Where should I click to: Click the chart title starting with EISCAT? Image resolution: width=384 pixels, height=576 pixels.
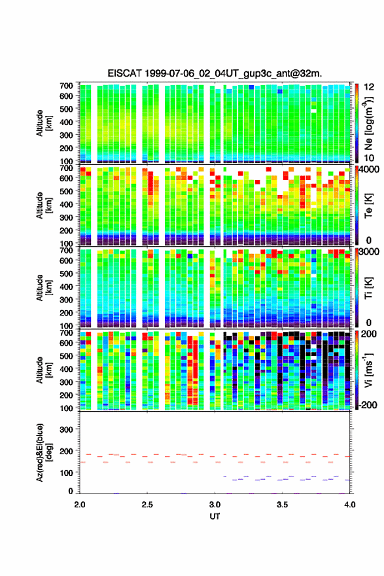(x=215, y=73)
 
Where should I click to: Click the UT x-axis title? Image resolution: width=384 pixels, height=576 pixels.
(x=215, y=516)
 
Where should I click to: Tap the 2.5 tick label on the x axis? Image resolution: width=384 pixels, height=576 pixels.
(x=147, y=505)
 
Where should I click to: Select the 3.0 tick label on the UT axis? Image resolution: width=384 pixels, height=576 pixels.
(x=215, y=505)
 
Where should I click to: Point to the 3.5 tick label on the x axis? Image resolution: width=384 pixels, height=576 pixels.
(x=283, y=505)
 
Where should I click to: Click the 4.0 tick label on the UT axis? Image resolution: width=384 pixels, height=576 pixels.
(x=350, y=505)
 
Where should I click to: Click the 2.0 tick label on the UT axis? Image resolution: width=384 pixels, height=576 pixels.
(x=80, y=505)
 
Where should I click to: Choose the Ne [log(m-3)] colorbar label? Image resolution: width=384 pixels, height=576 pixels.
(x=368, y=123)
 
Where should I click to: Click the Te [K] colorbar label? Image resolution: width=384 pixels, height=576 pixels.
(x=368, y=206)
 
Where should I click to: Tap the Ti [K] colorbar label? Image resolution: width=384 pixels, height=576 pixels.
(x=368, y=288)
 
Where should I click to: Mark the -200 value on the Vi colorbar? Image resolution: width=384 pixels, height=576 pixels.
(x=366, y=405)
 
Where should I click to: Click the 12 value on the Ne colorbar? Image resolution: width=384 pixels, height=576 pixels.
(x=369, y=87)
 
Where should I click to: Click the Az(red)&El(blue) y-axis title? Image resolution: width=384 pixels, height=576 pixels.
(x=43, y=452)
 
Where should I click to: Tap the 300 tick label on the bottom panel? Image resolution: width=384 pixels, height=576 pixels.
(x=67, y=429)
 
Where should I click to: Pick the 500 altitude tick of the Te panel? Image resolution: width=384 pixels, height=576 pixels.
(x=67, y=191)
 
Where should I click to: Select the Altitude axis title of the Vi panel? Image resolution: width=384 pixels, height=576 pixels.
(x=43, y=370)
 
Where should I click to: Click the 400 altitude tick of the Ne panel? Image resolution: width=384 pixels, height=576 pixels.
(x=67, y=122)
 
